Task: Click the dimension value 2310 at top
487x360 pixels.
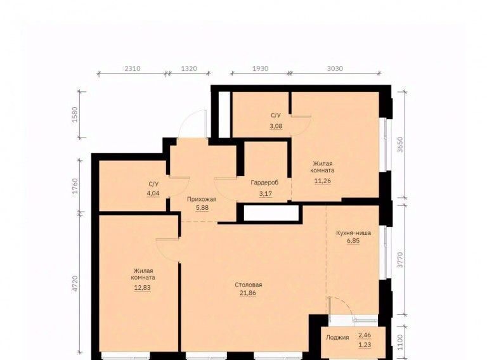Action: tap(133, 68)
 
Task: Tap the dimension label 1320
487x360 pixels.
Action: tap(189, 68)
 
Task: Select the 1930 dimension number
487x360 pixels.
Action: tap(260, 68)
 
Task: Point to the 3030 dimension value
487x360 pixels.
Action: tap(335, 68)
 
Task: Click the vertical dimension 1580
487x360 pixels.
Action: tap(75, 115)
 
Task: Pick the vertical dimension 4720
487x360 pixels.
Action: tap(75, 284)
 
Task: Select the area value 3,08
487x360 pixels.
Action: tap(276, 126)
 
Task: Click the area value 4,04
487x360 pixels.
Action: tap(153, 193)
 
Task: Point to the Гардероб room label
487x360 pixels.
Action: tap(264, 183)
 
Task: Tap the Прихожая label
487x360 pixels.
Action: tap(202, 199)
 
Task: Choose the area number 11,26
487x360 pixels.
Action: tap(323, 181)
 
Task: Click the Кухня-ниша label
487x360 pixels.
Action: tap(353, 233)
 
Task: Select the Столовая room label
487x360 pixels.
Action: tap(249, 285)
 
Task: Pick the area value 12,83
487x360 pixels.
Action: tap(142, 288)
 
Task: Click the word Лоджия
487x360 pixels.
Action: tap(337, 337)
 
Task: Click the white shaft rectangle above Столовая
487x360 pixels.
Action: tap(271, 213)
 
